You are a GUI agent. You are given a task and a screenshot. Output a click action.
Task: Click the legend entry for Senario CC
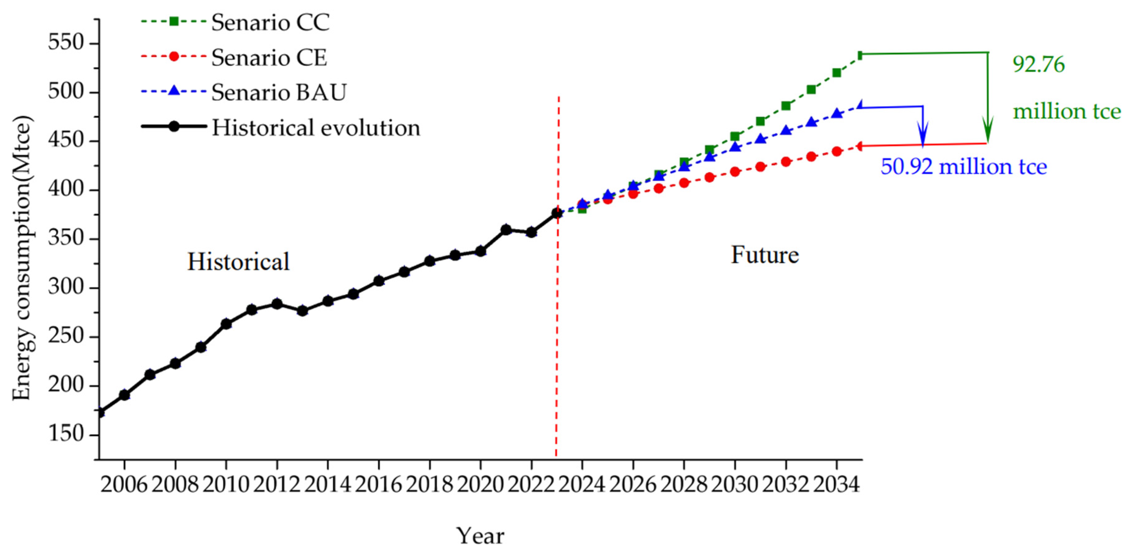tap(270, 22)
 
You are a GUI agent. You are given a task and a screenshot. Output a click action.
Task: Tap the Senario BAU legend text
tap(279, 92)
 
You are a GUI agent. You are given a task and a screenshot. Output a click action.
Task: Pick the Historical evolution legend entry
tap(315, 128)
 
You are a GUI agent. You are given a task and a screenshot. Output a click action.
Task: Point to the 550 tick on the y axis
tap(66, 43)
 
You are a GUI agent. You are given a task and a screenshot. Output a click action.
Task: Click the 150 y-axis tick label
tap(66, 434)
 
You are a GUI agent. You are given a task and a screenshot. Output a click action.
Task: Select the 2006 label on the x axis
tap(124, 485)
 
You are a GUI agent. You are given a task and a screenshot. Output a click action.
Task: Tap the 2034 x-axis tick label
tap(836, 485)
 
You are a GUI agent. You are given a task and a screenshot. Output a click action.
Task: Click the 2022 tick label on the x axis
tap(531, 485)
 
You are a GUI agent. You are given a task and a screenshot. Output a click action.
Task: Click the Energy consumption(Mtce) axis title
tap(22, 258)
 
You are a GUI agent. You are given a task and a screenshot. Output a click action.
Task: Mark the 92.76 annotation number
tap(1038, 64)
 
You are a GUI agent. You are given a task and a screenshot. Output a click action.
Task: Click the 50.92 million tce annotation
tap(963, 166)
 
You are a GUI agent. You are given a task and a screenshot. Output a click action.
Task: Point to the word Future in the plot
tap(765, 255)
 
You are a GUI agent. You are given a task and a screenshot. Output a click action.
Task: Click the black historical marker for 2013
tap(302, 311)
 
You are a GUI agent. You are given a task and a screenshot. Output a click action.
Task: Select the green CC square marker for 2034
tap(836, 72)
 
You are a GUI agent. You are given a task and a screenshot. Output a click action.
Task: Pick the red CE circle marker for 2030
tap(735, 171)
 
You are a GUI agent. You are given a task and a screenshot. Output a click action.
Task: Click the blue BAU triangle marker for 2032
tap(786, 130)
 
